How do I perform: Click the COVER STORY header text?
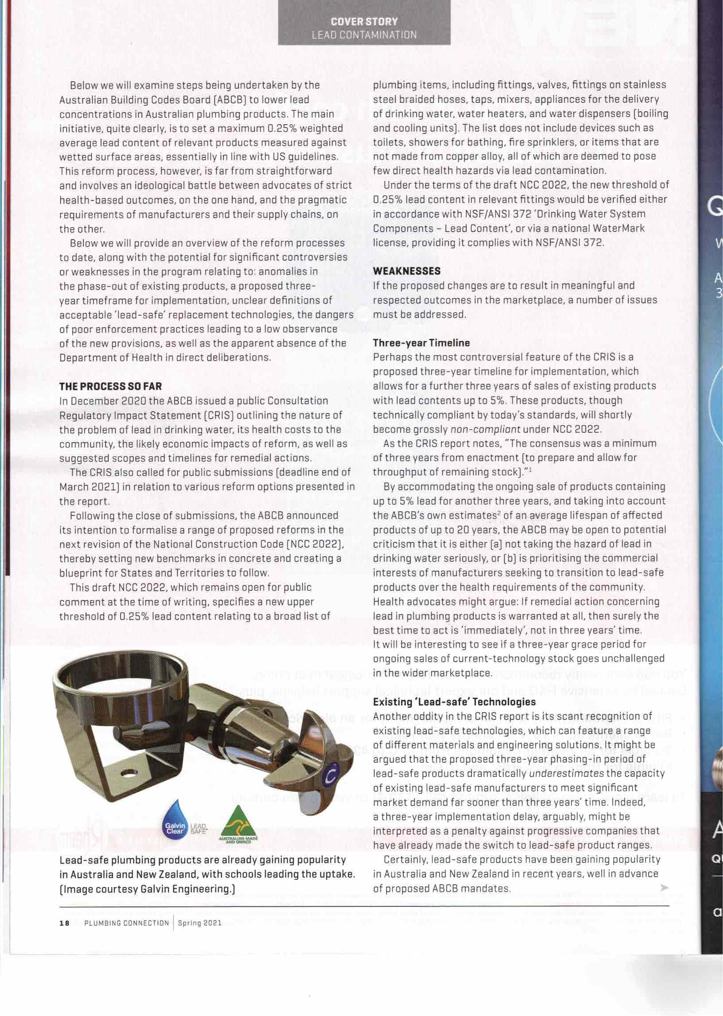[x=364, y=21]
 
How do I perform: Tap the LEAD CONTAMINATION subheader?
[x=364, y=35]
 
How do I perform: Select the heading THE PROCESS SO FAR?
[x=110, y=386]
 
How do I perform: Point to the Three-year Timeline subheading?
[x=421, y=343]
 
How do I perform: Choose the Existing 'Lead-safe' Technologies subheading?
[x=454, y=702]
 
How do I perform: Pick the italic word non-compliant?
[x=485, y=430]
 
